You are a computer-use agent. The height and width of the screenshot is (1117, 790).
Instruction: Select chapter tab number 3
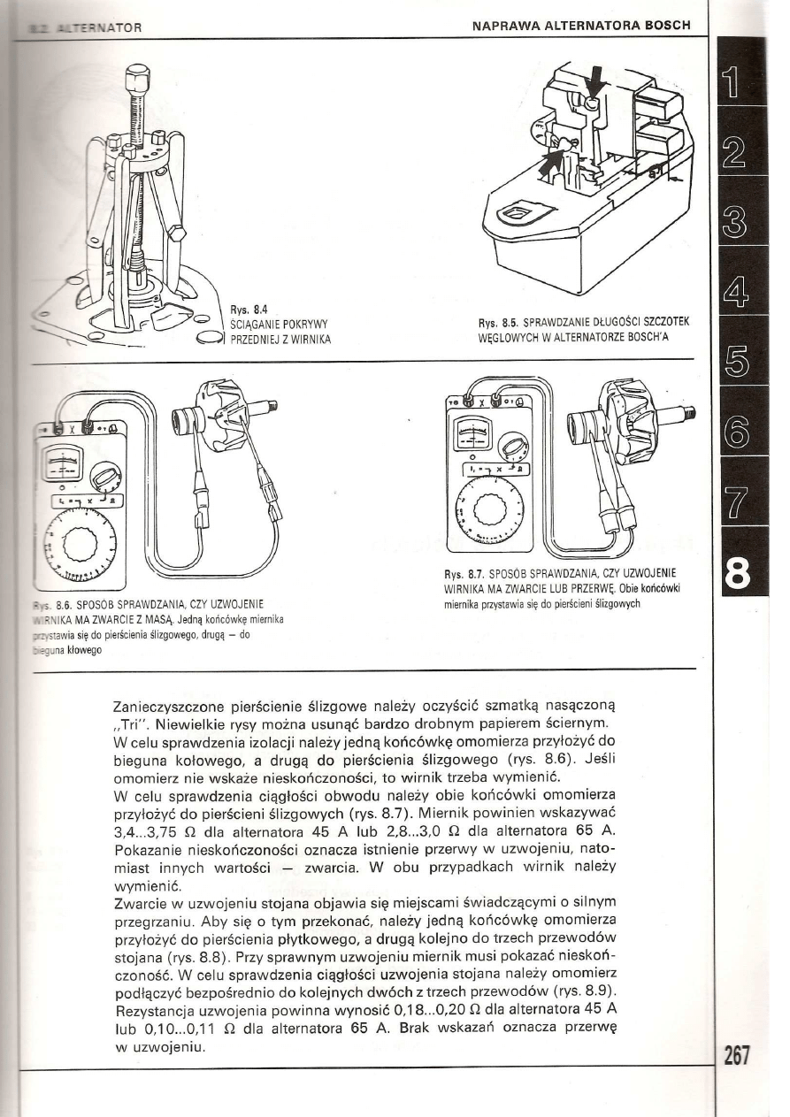tap(739, 215)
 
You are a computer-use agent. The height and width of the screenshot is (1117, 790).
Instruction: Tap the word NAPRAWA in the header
tap(504, 24)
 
